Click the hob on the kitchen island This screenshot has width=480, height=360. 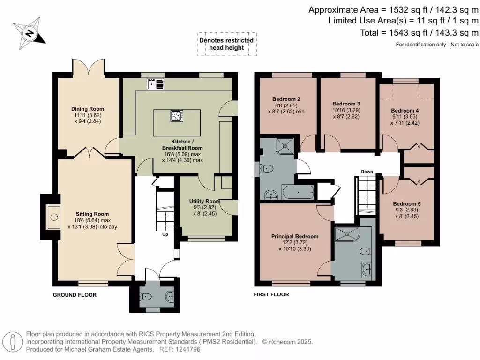[177, 116]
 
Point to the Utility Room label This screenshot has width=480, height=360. [198, 201]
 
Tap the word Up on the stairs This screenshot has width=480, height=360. [165, 234]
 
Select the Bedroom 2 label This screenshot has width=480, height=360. [286, 99]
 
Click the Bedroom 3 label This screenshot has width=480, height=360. [346, 104]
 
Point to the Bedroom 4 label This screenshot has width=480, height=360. [405, 111]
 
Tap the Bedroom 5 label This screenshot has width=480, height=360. [406, 204]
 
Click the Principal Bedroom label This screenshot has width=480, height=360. [295, 236]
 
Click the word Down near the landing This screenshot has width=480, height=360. [367, 172]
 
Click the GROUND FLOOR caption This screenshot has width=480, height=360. [75, 295]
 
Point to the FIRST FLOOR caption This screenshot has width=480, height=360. [271, 295]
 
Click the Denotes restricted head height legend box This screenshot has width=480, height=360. [226, 44]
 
